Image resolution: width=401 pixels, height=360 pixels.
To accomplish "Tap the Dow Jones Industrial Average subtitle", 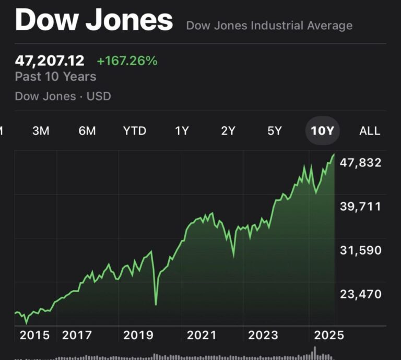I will pos(269,26).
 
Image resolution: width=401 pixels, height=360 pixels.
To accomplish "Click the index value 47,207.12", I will pos(50,61).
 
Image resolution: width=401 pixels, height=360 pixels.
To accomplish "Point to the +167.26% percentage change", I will pos(127,61).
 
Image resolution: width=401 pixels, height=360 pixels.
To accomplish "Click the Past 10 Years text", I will pos(55,77).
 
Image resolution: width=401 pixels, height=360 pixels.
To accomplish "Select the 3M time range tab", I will pos(41,131).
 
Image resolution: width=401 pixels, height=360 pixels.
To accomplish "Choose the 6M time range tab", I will pos(87,131).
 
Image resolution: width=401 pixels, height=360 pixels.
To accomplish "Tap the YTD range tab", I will pos(135,131).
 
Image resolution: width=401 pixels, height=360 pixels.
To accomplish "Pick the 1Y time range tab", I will pos(182,131).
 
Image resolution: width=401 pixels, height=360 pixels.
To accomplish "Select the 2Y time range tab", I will pos(228,131).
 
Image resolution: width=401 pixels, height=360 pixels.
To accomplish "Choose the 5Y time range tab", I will pos(275,131).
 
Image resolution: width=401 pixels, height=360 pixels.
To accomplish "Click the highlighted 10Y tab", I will pos(322,131).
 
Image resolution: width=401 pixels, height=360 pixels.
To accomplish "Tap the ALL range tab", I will pos(370,131).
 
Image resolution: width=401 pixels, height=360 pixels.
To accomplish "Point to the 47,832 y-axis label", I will pos(360,162).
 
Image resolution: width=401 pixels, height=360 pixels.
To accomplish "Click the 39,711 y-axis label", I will pos(360,206).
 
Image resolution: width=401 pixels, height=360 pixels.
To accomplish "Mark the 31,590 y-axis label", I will pos(360,250).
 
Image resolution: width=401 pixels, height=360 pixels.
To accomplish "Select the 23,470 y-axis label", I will pos(360,294).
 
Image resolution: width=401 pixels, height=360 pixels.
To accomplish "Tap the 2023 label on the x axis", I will pos(263,335).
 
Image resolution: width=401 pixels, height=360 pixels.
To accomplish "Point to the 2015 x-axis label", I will pos(35,335).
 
